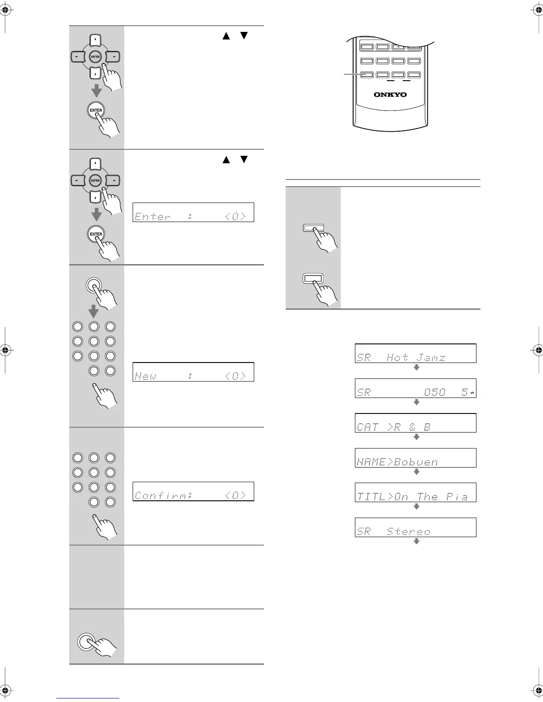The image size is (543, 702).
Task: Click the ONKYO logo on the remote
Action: point(390,94)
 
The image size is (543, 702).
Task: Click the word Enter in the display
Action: point(152,217)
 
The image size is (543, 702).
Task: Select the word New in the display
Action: point(145,376)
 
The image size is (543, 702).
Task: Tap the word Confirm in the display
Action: point(162,495)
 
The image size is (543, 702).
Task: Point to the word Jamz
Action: point(431,357)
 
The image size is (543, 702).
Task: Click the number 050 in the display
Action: point(434,392)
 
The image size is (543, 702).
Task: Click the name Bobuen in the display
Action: point(416,462)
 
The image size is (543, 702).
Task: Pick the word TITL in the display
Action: point(369,497)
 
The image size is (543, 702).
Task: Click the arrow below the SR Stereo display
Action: point(416,542)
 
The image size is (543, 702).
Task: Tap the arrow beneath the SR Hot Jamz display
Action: point(416,367)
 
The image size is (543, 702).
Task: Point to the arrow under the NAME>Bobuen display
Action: point(416,472)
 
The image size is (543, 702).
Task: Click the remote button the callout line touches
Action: point(366,75)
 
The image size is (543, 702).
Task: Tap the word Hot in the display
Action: point(397,357)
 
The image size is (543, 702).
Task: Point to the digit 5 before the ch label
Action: point(464,392)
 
